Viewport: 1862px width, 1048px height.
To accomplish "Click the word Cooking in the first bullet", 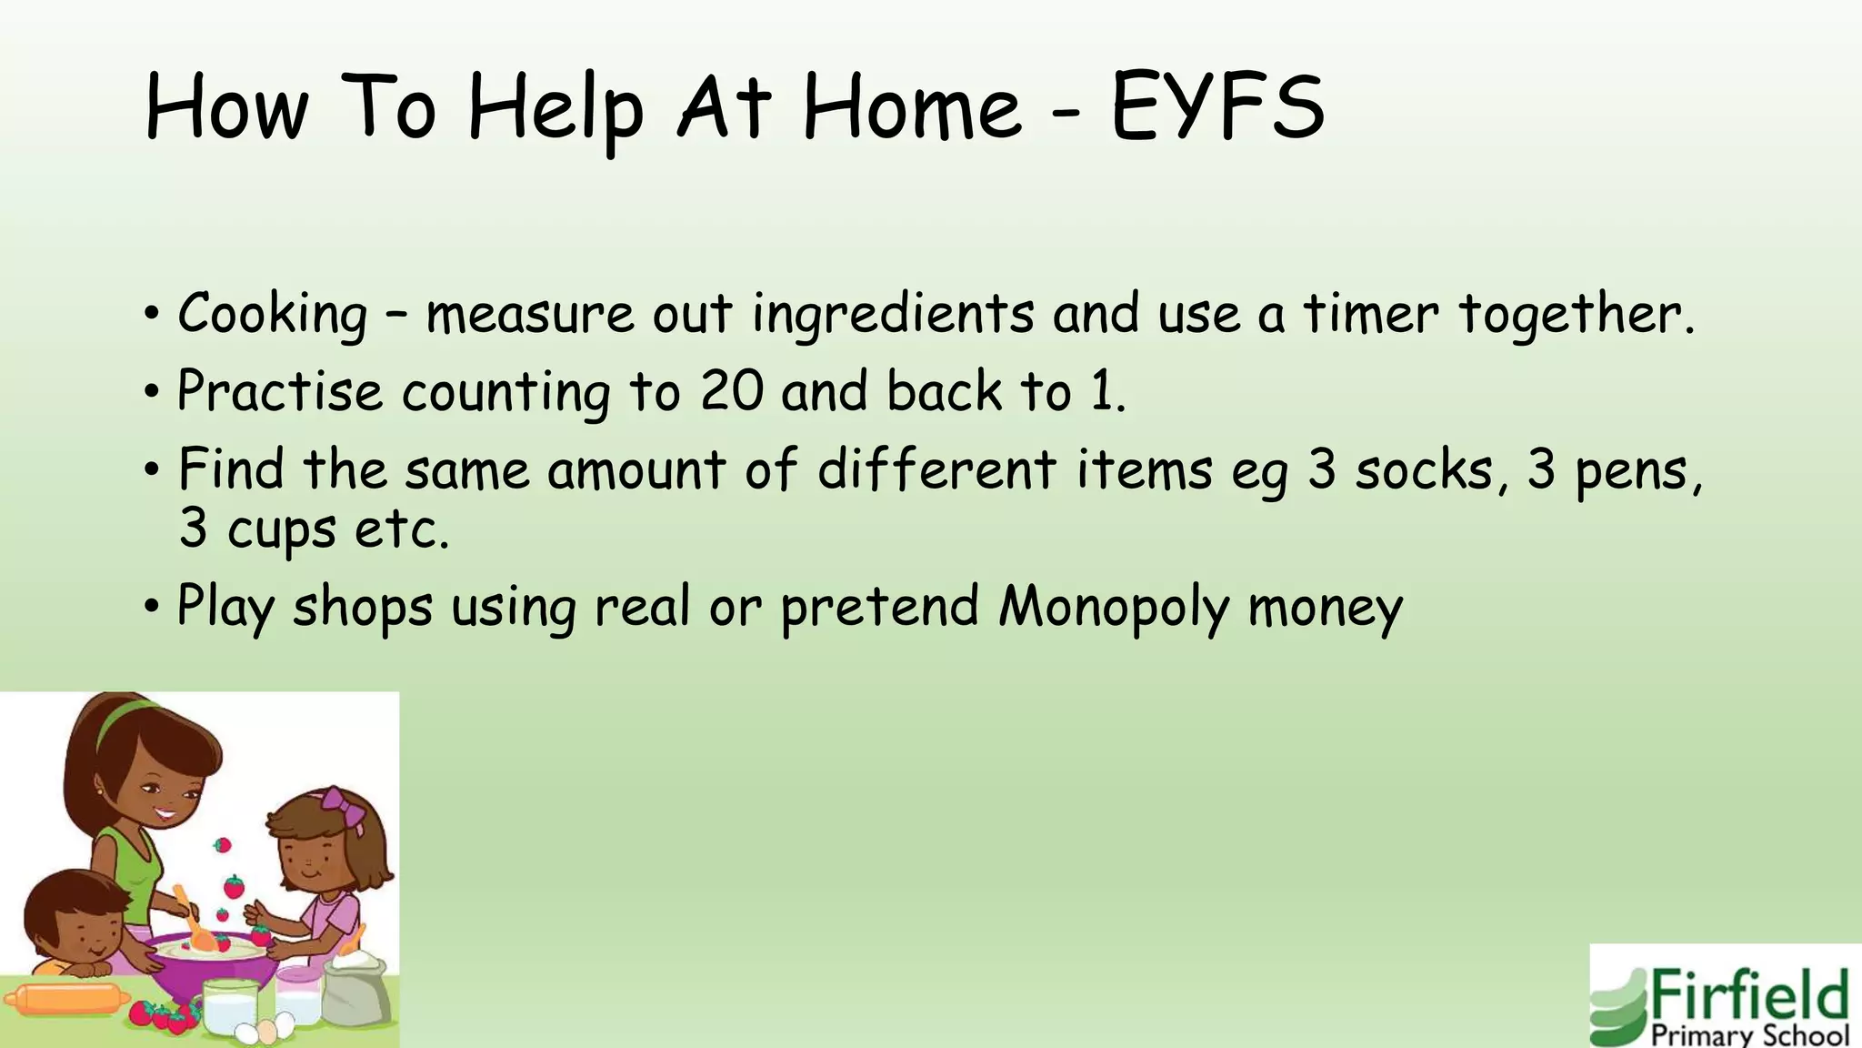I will [272, 315].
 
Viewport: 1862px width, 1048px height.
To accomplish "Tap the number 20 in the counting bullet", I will [731, 392].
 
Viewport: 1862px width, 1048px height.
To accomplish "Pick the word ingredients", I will [893, 315].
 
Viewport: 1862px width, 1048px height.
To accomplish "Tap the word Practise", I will [279, 392].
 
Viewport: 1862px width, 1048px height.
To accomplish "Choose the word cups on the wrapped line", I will [281, 530].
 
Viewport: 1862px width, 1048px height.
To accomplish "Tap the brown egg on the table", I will [267, 1033].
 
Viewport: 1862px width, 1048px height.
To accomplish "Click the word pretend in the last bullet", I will [879, 608].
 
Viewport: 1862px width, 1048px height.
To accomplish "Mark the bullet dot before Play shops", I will [152, 606].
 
